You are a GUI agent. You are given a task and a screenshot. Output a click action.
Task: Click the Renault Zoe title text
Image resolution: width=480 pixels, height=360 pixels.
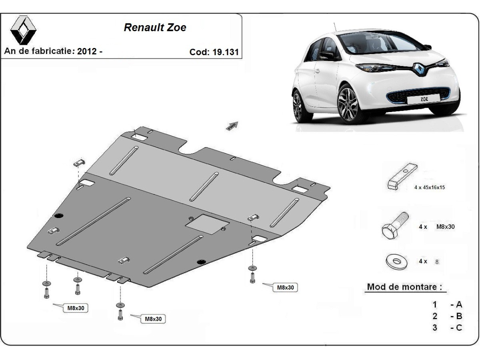pyautogui.click(x=155, y=28)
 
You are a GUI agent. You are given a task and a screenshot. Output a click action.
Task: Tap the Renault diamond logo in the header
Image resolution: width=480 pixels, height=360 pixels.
pyautogui.click(x=23, y=30)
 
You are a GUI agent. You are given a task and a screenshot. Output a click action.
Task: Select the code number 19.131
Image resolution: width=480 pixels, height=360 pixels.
pyautogui.click(x=226, y=52)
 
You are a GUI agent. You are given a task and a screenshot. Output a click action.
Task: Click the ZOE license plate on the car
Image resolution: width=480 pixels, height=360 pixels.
pyautogui.click(x=424, y=99)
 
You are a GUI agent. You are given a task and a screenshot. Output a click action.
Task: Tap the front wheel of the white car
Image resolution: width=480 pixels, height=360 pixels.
pyautogui.click(x=350, y=105)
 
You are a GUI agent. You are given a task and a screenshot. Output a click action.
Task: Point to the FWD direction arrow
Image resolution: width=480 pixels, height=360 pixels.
pyautogui.click(x=232, y=126)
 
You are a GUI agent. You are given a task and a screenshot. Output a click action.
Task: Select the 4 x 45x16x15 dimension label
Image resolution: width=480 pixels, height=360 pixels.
pyautogui.click(x=429, y=187)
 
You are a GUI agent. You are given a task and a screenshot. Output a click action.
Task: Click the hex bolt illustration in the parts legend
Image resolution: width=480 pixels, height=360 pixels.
pyautogui.click(x=395, y=226)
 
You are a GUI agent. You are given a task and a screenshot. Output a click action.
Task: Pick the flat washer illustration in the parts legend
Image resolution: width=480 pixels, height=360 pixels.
pyautogui.click(x=396, y=261)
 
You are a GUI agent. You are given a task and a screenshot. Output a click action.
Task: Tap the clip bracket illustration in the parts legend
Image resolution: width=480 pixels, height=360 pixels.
pyautogui.click(x=402, y=176)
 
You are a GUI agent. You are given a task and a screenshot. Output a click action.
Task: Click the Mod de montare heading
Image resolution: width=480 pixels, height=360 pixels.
pyautogui.click(x=405, y=287)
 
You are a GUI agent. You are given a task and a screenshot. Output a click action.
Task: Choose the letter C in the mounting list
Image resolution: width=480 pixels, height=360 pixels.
pyautogui.click(x=459, y=328)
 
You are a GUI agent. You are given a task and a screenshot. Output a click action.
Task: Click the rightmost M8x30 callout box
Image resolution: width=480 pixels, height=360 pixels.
pyautogui.click(x=285, y=288)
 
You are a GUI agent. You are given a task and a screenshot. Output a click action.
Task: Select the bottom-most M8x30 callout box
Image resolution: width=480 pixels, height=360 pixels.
pyautogui.click(x=153, y=319)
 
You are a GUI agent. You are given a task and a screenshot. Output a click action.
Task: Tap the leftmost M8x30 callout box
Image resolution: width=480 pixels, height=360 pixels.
pyautogui.click(x=76, y=308)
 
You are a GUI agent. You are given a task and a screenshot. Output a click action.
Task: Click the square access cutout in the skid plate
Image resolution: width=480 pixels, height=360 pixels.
pyautogui.click(x=207, y=224)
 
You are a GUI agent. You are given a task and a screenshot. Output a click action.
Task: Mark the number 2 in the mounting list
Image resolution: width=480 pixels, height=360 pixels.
pyautogui.click(x=435, y=316)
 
